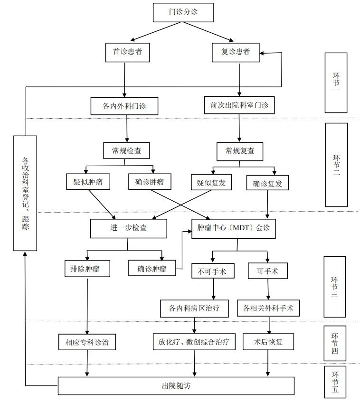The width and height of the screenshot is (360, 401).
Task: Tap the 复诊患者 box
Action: [x=236, y=52]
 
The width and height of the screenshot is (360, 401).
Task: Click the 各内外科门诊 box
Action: [x=124, y=106]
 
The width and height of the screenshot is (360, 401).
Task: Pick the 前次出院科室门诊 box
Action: [x=239, y=106]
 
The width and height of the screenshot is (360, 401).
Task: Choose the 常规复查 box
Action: [x=240, y=151]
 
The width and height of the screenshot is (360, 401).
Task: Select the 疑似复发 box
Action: [x=211, y=183]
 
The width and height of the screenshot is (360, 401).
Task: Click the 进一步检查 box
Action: [x=128, y=228]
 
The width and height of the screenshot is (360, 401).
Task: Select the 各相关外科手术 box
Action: [x=268, y=308]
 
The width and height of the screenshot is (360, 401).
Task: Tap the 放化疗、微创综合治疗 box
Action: [x=194, y=341]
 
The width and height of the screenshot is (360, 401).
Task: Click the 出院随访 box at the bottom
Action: [x=176, y=385]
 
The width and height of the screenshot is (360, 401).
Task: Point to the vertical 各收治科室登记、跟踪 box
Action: [x=25, y=193]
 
